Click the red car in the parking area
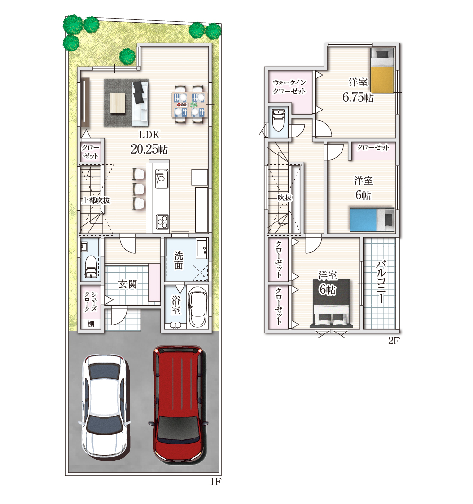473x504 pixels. point(178,404)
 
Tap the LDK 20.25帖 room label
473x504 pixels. point(149,142)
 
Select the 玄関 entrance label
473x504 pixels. point(128,284)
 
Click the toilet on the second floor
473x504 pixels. point(278,120)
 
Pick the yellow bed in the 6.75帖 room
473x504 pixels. point(382,70)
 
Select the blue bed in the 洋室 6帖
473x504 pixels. point(372,220)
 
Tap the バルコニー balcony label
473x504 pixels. point(381,282)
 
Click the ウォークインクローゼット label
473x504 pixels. point(289,87)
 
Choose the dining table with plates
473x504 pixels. point(190,104)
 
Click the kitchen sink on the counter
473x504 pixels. point(161,179)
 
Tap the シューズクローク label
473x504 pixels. point(90,301)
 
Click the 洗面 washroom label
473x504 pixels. point(179,260)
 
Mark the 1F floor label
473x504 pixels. point(216,481)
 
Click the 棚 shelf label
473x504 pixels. point(91,324)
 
